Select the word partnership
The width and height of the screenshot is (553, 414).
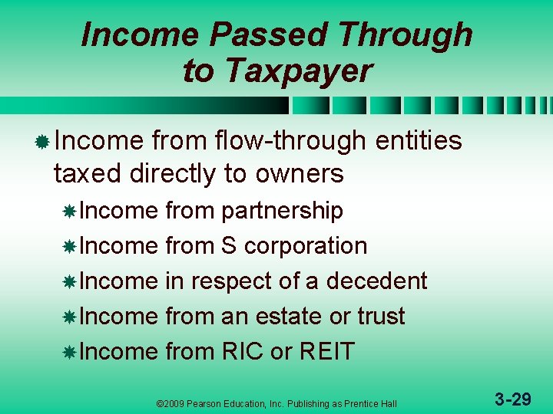(282, 211)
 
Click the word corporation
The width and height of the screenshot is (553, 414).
(306, 246)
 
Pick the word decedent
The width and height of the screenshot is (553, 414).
(376, 281)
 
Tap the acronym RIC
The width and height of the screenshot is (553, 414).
(242, 352)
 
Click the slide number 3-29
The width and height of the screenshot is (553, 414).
(512, 399)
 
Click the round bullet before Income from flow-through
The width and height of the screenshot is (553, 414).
(43, 142)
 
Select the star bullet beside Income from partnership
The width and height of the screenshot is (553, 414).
(69, 212)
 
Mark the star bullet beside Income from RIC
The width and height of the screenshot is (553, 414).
(69, 353)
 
